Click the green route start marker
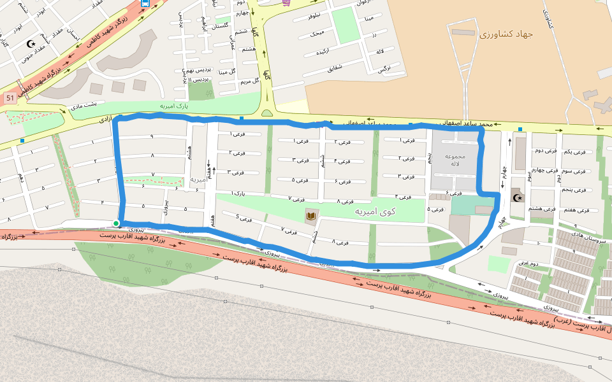click(x=115, y=223)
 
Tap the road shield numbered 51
click(x=10, y=98)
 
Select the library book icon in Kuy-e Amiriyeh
click(x=310, y=217)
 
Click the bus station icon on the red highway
click(x=145, y=3)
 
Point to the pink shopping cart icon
click(x=286, y=3)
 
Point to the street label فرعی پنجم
click(x=574, y=190)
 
